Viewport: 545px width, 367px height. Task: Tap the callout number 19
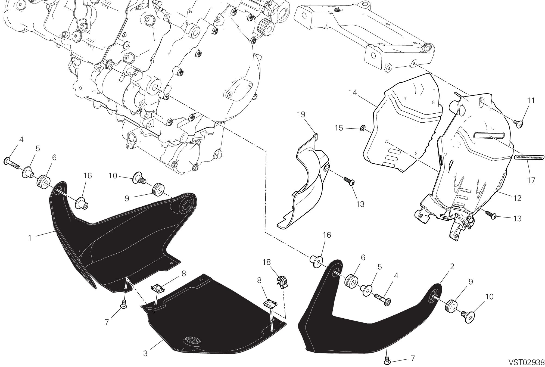coord(301,114)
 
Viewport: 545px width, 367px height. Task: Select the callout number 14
coord(353,93)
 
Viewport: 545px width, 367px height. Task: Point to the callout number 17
coord(531,180)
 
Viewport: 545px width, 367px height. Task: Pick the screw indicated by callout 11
coord(519,124)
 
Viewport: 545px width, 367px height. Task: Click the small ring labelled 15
coord(363,128)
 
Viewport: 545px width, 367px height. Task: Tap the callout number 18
coord(267,262)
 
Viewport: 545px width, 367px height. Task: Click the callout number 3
coord(145,353)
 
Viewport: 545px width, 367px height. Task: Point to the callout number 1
coord(30,238)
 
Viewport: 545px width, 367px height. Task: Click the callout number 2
coord(452,266)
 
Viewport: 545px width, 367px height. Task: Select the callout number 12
coord(518,198)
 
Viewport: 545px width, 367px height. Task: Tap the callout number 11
coord(531,100)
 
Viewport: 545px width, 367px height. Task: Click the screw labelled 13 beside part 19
coord(349,181)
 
